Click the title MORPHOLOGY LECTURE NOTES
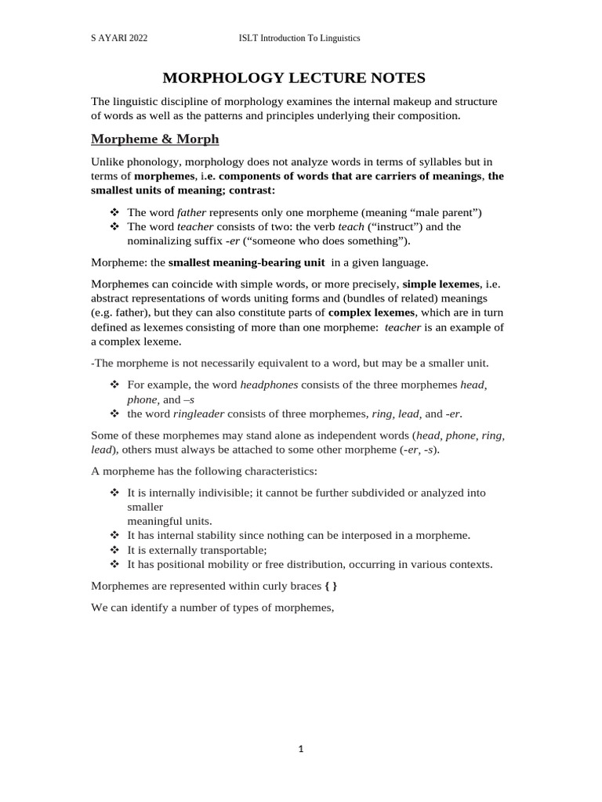pyautogui.click(x=293, y=78)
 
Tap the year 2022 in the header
pyautogui.click(x=136, y=38)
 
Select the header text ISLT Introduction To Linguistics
pyautogui.click(x=299, y=38)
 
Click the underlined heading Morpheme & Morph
pyautogui.click(x=155, y=139)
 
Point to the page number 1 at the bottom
pyautogui.click(x=301, y=749)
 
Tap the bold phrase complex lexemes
pyautogui.click(x=371, y=312)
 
